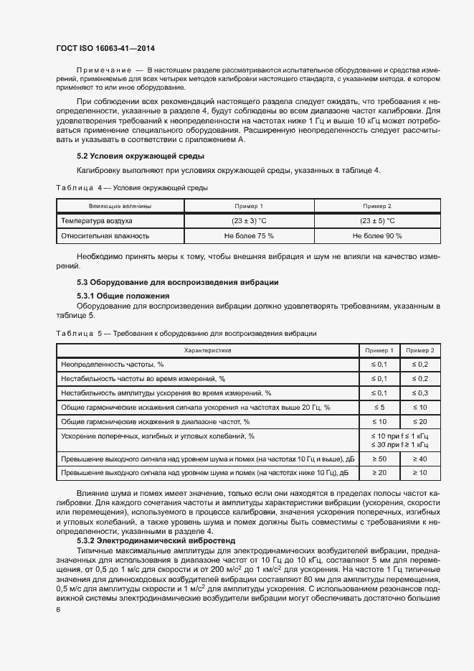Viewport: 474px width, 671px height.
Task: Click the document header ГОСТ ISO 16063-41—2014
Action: [x=105, y=47]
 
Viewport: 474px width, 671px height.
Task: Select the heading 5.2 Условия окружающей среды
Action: [x=141, y=156]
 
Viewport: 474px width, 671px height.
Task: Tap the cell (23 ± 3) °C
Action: [x=249, y=221]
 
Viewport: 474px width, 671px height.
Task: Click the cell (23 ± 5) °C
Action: [x=377, y=221]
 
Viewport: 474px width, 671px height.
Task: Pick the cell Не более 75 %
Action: [x=249, y=235]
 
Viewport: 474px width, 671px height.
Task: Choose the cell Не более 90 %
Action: [x=377, y=235]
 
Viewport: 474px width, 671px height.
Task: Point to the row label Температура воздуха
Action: [x=97, y=221]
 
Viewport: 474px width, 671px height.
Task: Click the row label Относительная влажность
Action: [x=105, y=235]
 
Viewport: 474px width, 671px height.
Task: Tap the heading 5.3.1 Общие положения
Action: [x=123, y=296]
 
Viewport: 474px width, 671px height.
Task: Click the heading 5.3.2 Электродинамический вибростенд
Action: [x=156, y=540]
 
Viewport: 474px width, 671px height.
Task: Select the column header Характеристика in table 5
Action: [x=207, y=350]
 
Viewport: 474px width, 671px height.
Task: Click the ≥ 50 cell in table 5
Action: [x=379, y=459]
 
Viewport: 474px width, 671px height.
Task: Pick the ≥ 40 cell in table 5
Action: [x=420, y=459]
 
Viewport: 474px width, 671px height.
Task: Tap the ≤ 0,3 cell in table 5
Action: [x=420, y=393]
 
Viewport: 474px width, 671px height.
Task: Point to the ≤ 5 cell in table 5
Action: [x=379, y=408]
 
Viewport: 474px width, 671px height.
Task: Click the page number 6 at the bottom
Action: [x=58, y=609]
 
